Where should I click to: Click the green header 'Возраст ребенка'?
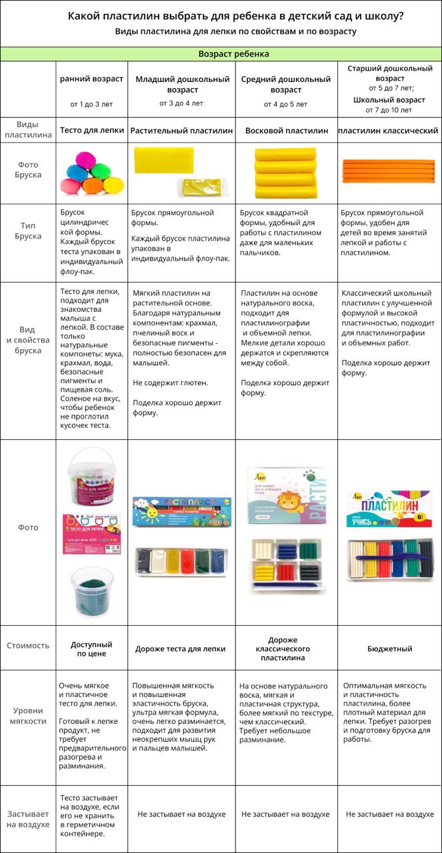[x=233, y=54]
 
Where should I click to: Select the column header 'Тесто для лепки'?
[x=92, y=131]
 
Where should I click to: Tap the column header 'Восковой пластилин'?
[x=287, y=131]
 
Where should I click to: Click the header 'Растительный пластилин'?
[x=181, y=131]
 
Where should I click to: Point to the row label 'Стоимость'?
[x=28, y=645]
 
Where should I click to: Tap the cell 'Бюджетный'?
[x=389, y=648]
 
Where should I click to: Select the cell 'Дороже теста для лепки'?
[x=181, y=648]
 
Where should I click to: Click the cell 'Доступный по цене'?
[x=92, y=649]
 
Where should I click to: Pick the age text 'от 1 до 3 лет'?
[x=92, y=104]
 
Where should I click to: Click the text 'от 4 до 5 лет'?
[x=285, y=104]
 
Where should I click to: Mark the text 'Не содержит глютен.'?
[x=170, y=383]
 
